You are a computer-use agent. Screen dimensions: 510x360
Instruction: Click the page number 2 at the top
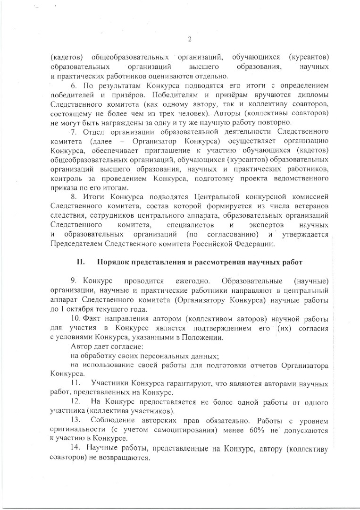[x=189, y=39]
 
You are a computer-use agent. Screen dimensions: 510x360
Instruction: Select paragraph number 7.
[x=73, y=130]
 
